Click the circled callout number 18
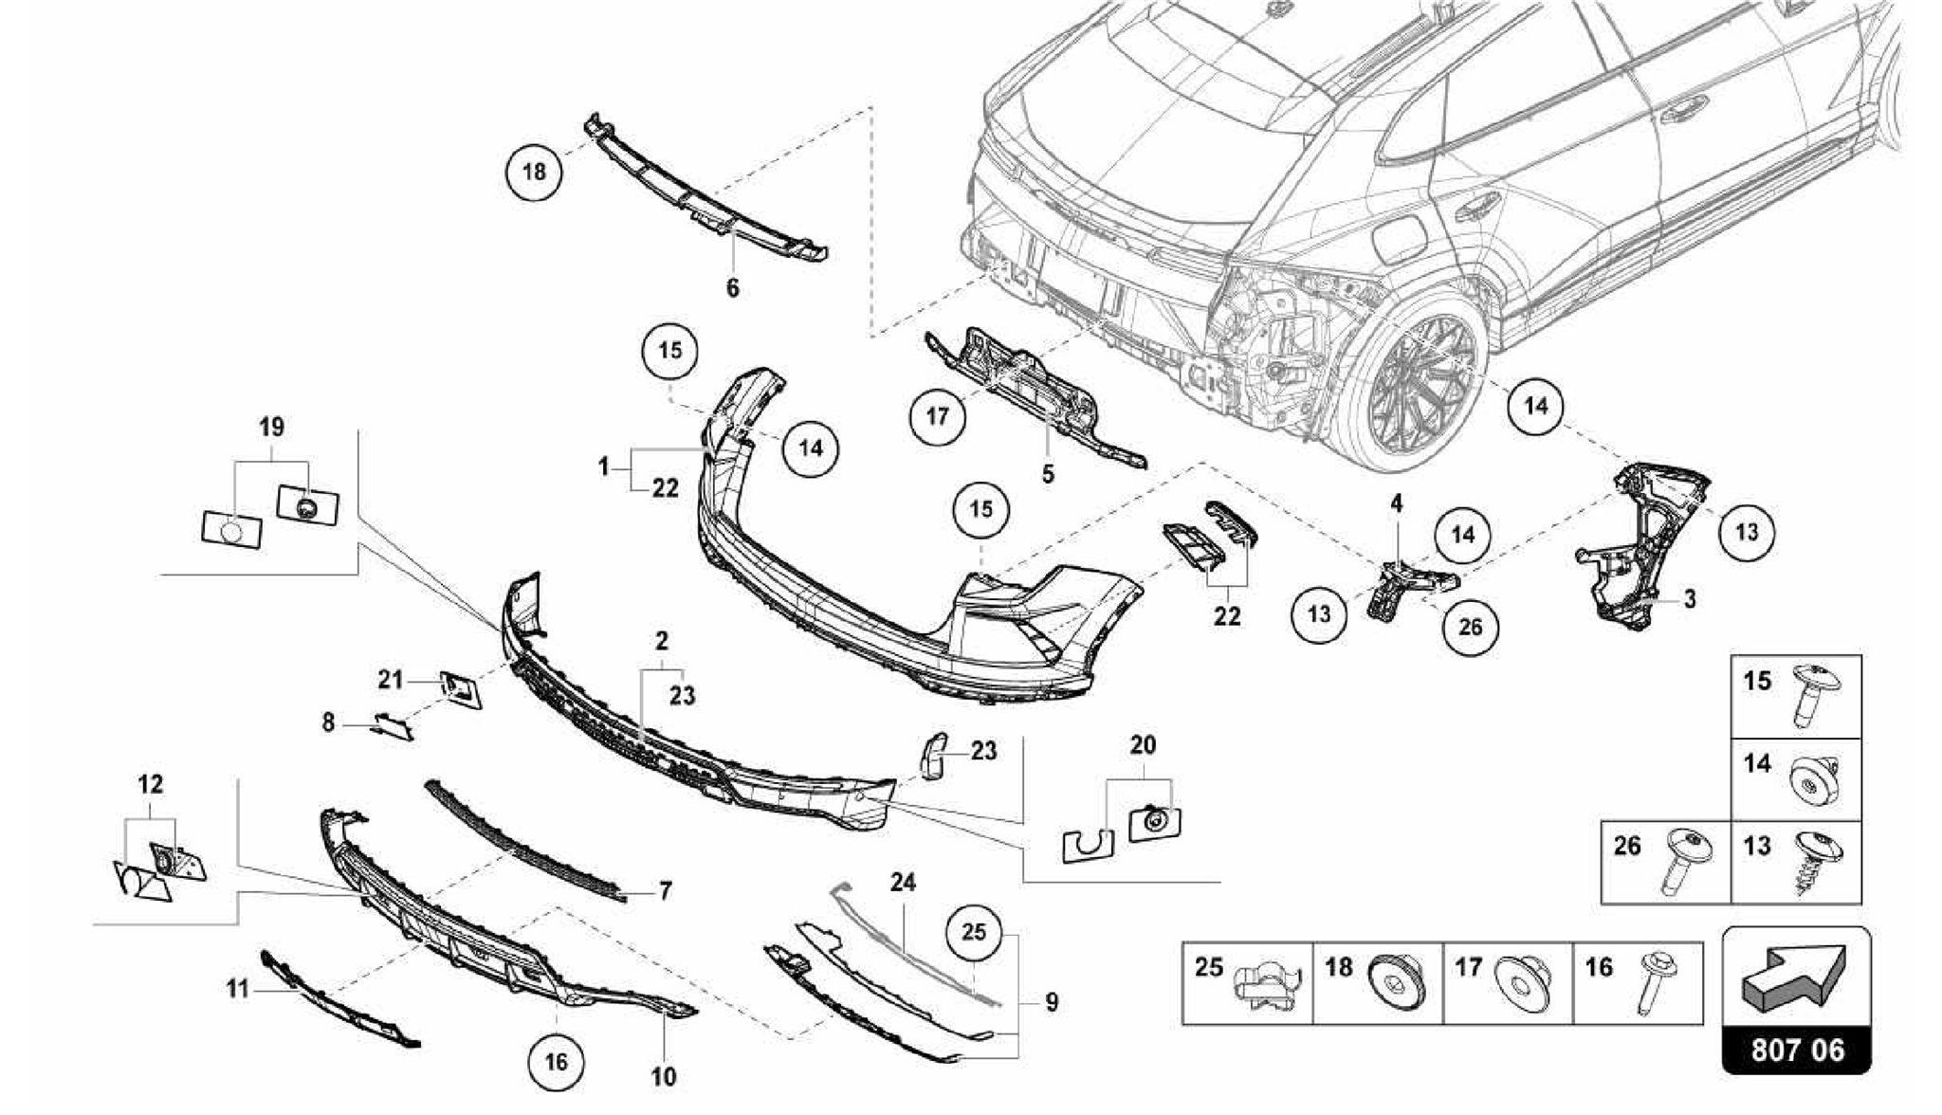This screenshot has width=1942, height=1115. (534, 173)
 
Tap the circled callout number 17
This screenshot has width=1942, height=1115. (937, 416)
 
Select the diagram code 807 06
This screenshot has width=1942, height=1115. (1797, 1051)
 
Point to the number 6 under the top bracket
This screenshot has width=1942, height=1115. (732, 288)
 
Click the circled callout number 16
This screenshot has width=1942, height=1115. (556, 1061)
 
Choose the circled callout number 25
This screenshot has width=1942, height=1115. (974, 933)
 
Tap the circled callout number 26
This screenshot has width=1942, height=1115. (1470, 627)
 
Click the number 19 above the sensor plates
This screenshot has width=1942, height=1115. (271, 428)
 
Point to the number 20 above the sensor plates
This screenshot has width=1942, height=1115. (1143, 745)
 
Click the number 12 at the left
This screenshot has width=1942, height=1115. (150, 784)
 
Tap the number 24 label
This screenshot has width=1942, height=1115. (903, 883)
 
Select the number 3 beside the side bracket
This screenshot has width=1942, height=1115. (1690, 599)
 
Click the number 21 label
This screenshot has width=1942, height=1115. (391, 680)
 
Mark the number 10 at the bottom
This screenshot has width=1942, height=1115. (664, 1077)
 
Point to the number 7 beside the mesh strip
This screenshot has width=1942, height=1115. (665, 891)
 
